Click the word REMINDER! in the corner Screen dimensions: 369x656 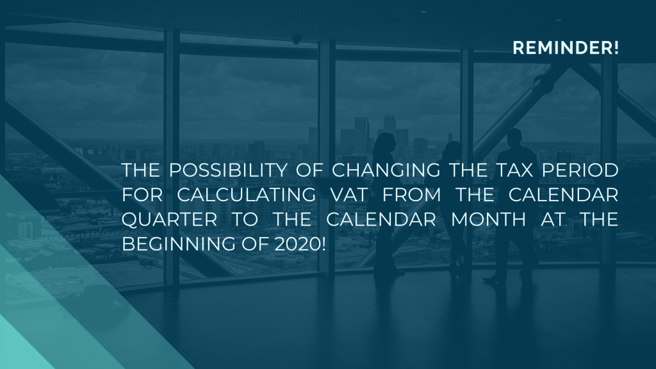pyautogui.click(x=566, y=48)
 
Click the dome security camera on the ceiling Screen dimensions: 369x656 pyautogui.click(x=297, y=40)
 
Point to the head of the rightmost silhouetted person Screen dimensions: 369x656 pyautogui.click(x=512, y=136)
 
